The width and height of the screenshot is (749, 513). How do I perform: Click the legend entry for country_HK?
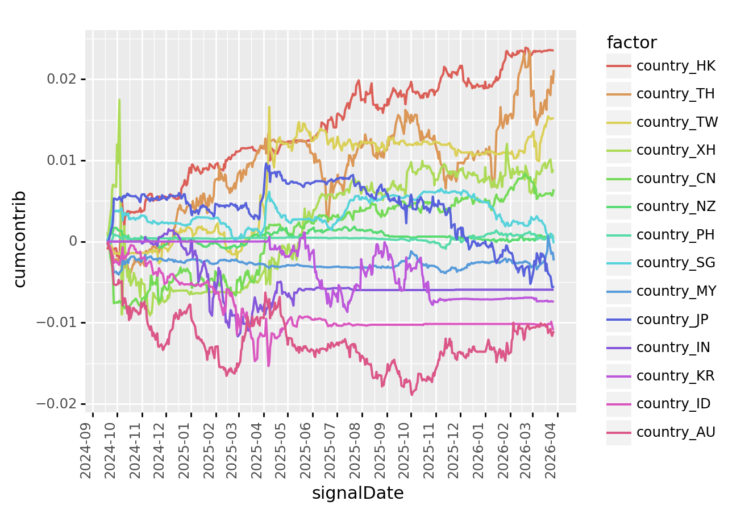coord(675,66)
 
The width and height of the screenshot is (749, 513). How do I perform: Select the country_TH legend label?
coord(675,94)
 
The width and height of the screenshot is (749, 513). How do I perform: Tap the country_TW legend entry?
coord(677,122)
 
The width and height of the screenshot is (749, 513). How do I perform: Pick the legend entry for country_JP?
coord(672,320)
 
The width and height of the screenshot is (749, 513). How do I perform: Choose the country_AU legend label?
coord(676,432)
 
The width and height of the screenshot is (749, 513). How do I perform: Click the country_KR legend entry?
coord(675,376)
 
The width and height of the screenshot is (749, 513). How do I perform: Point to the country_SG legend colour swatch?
coord(618,263)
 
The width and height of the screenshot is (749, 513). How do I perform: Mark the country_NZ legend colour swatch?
coord(618,207)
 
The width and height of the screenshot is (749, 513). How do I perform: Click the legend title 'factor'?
coord(631,43)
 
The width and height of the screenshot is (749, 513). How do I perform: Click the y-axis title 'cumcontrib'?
coord(20,239)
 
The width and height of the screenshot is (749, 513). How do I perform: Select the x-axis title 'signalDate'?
coord(357,493)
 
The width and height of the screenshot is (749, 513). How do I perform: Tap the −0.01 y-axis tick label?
coord(56,323)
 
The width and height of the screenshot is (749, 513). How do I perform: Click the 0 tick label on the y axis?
coord(73,242)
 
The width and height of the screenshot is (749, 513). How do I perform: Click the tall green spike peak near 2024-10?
coord(119,100)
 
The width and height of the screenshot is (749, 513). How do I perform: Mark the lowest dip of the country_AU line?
coord(412,395)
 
